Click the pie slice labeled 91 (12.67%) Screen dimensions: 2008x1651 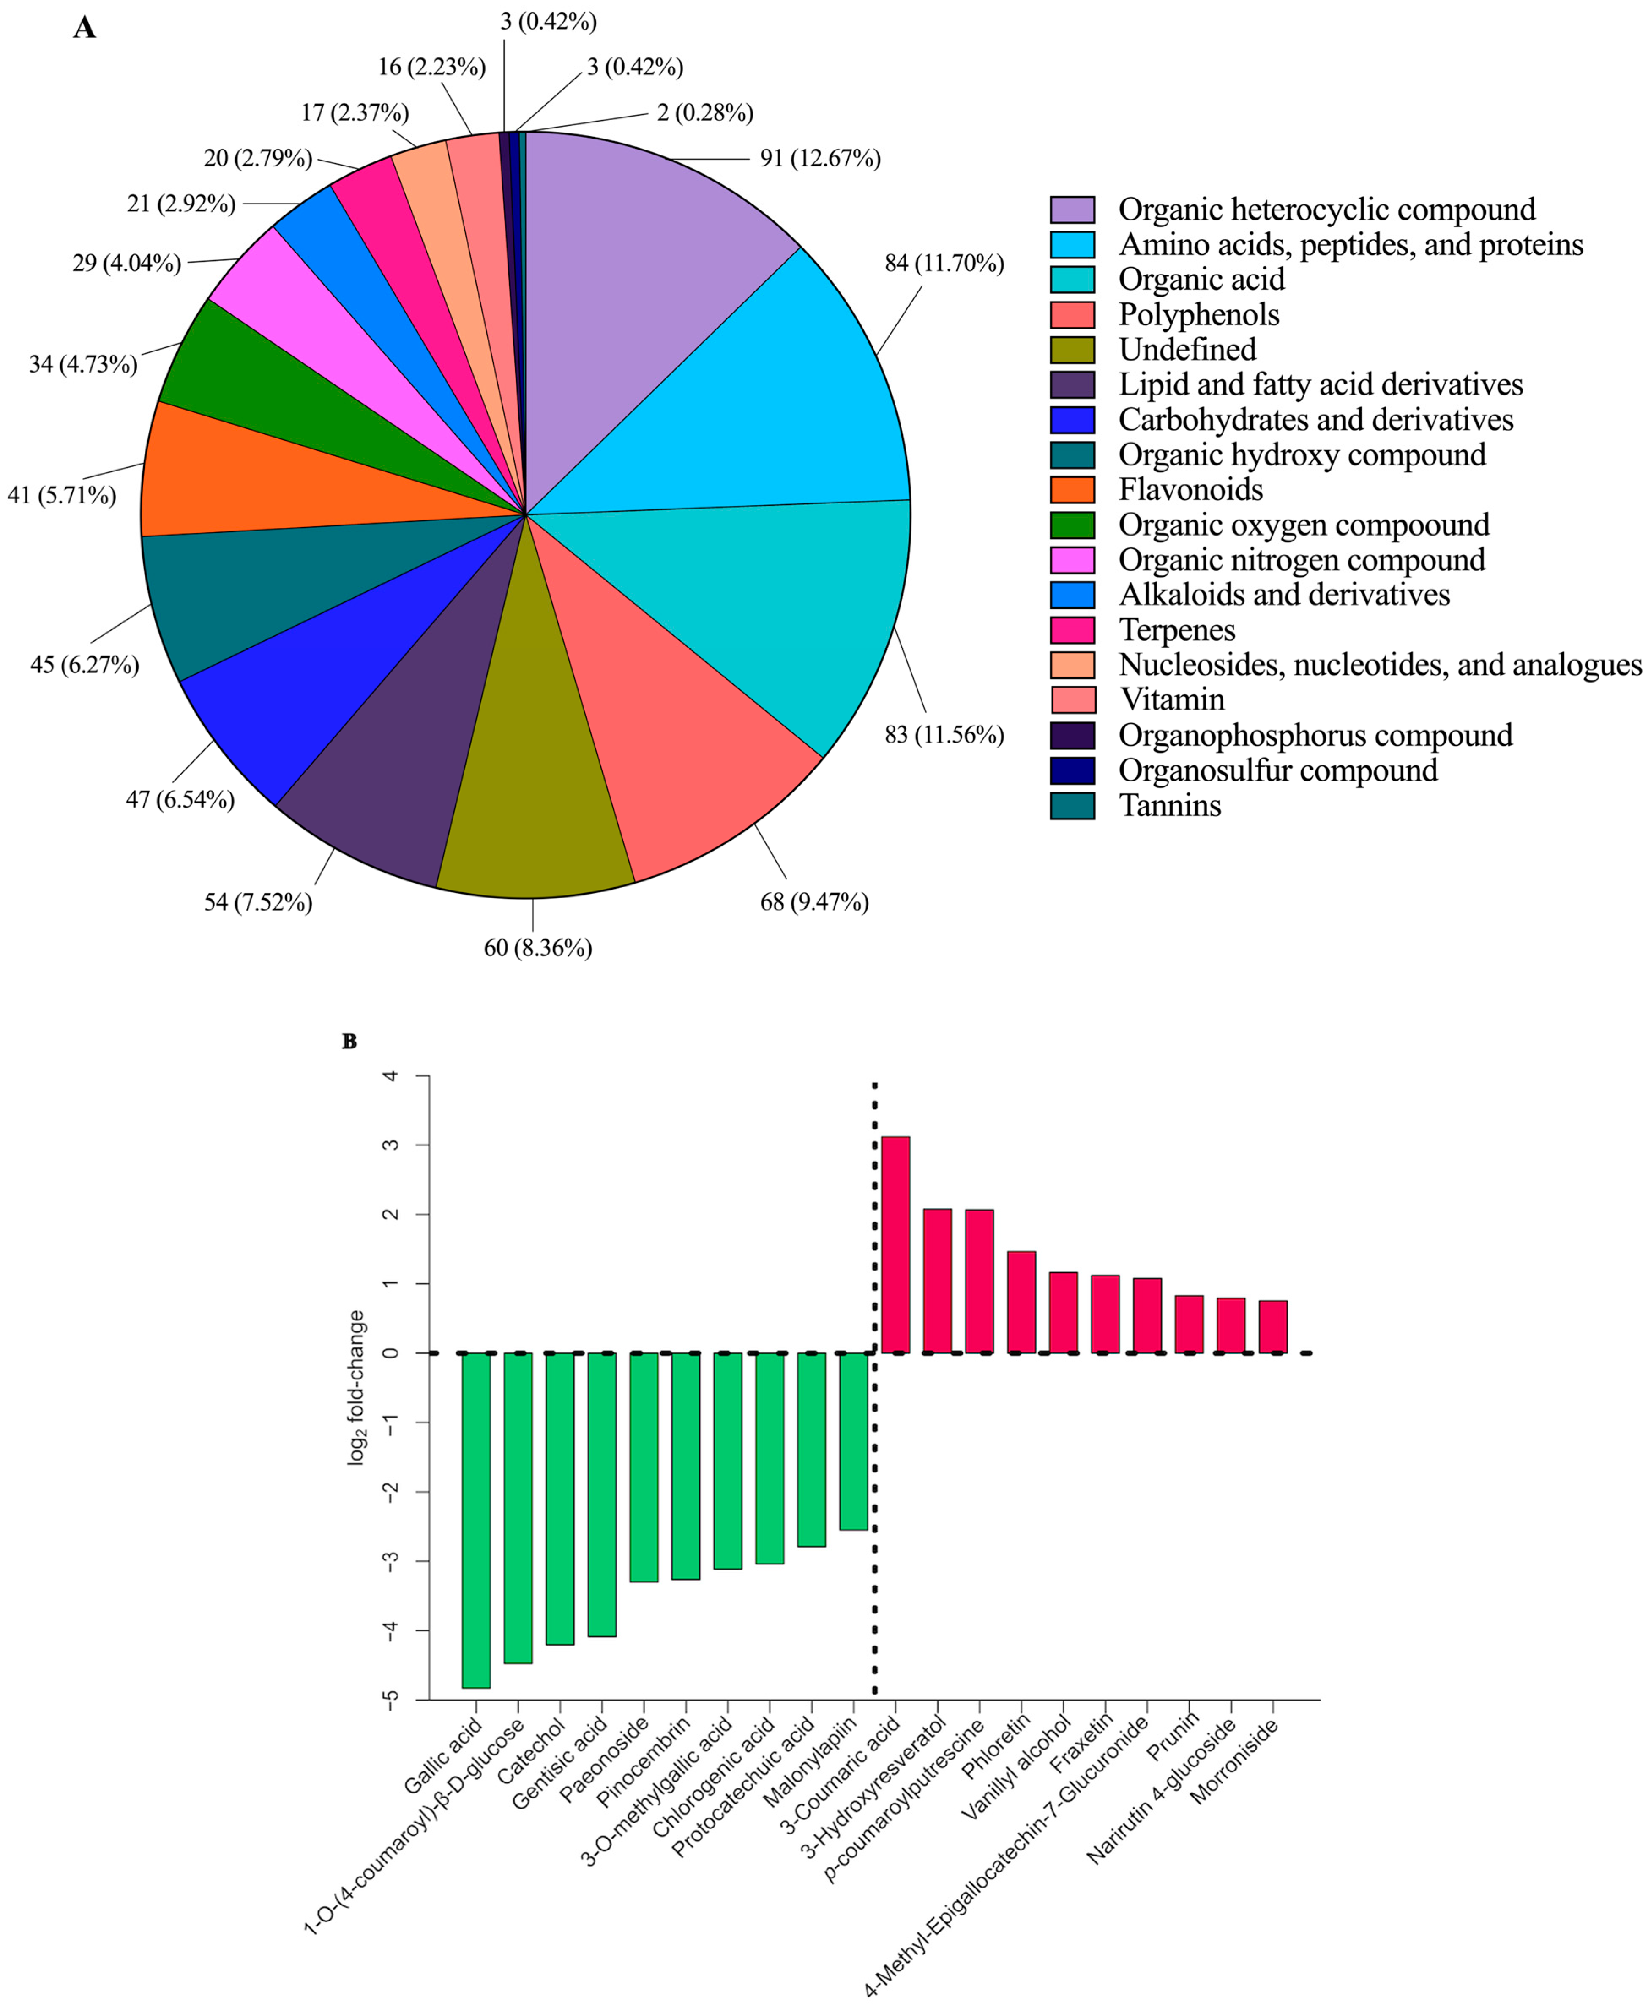pos(647,285)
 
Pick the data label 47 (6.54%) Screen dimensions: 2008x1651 pos(180,800)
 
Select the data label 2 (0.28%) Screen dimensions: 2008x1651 pos(705,113)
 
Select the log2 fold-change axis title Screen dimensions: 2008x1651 pos(357,1387)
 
